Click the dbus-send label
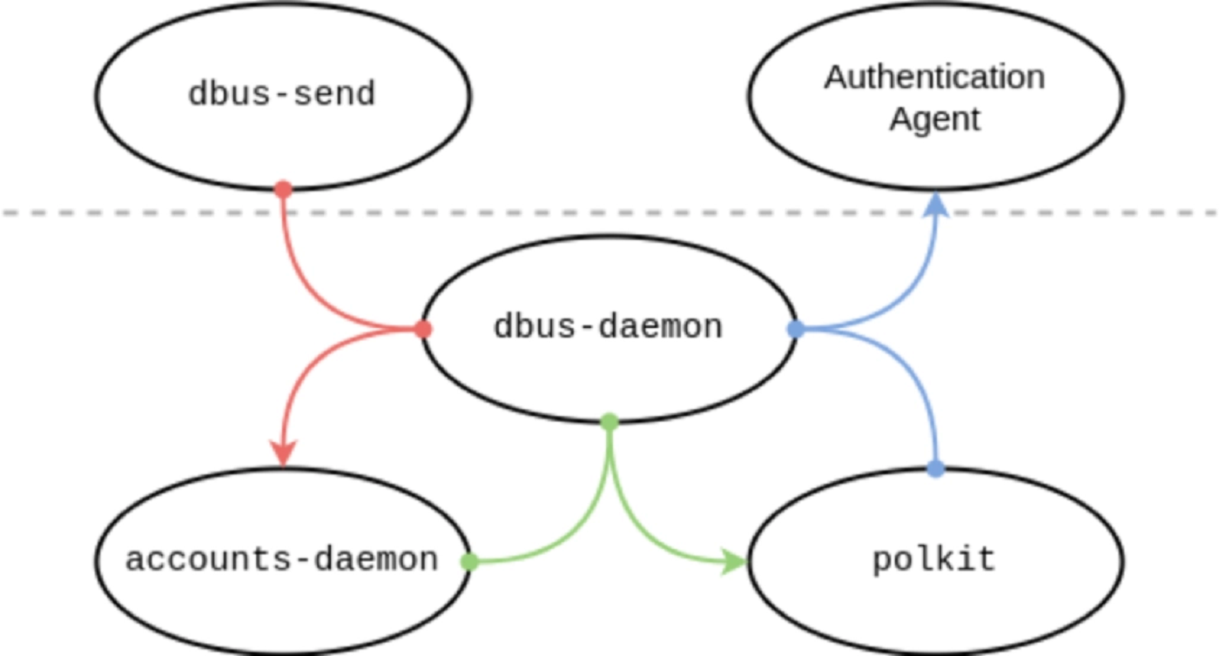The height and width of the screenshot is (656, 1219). point(281,94)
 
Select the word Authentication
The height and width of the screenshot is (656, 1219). point(934,77)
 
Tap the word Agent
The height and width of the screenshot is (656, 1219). point(934,118)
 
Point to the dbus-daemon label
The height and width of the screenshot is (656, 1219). point(608,327)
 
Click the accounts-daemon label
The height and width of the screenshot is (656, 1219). point(281,559)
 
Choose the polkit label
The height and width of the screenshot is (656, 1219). point(933,559)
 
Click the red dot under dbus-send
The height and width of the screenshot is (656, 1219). point(282,188)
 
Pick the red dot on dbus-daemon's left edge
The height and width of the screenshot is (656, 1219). point(422,329)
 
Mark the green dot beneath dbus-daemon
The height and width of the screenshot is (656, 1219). point(609,422)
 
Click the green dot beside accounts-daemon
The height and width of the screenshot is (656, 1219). point(469,561)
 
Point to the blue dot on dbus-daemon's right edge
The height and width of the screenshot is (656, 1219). point(795,329)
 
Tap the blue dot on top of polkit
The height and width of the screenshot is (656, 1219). point(935,469)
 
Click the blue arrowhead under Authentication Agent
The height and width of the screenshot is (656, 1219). point(935,204)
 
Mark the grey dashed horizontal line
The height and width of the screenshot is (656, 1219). point(609,212)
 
